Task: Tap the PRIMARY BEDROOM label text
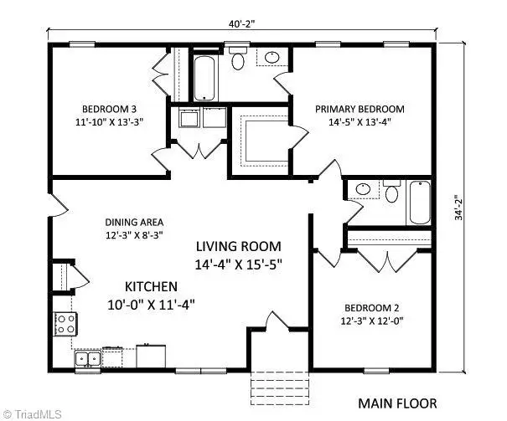coord(360,109)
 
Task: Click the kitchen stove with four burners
coord(64,323)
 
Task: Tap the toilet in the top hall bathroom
coord(238,60)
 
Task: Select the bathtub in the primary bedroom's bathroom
coord(419,203)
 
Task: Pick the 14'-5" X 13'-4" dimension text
coord(360,122)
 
